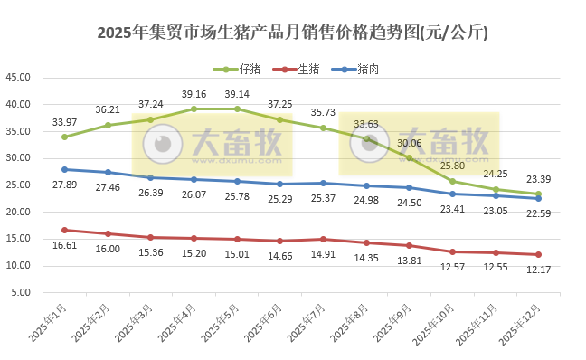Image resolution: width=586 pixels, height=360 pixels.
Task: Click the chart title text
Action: pos(292,33)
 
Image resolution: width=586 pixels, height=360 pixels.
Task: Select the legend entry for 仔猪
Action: pos(250,69)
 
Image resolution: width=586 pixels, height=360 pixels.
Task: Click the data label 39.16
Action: pos(194,94)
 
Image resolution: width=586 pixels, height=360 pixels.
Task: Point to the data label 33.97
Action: pos(64,122)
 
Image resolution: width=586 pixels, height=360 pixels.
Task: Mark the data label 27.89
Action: pos(64,185)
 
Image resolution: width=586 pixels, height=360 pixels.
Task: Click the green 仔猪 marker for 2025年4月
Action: pos(194,109)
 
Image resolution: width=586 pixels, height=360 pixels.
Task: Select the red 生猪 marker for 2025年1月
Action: pos(64,230)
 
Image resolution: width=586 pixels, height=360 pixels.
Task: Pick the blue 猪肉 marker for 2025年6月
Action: pos(280,184)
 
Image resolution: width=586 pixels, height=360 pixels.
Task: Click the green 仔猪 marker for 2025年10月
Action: pos(453,181)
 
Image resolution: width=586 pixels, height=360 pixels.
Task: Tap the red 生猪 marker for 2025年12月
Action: pos(539,254)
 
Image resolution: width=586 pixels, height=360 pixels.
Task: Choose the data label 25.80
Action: pos(453,166)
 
